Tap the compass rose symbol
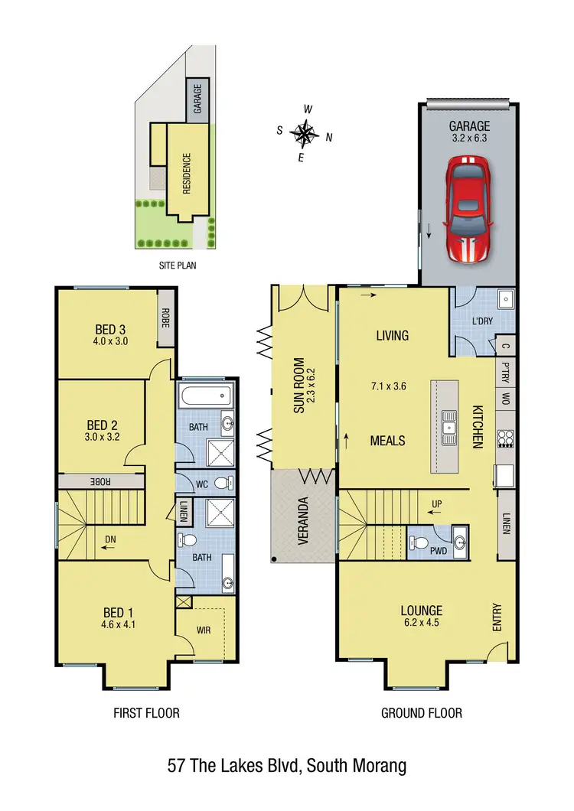click(x=305, y=133)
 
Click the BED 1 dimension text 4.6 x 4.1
click(x=119, y=624)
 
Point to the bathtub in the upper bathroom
click(x=204, y=396)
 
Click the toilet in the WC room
click(x=222, y=484)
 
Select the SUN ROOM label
click(x=299, y=386)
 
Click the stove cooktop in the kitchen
click(x=505, y=439)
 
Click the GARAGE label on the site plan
click(x=197, y=100)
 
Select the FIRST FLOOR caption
click(x=146, y=713)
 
